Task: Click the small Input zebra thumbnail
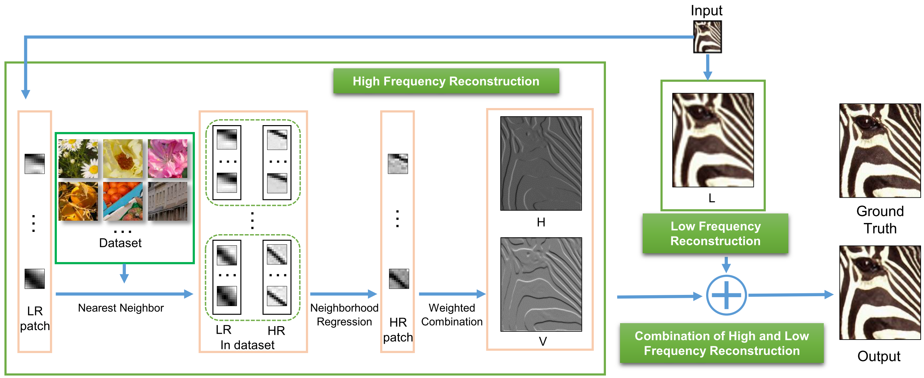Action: [707, 37]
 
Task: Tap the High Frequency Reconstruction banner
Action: [446, 81]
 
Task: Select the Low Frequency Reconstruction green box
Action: [715, 233]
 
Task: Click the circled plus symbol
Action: [727, 295]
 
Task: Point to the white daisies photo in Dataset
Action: [78, 159]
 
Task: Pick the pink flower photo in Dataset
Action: [168, 159]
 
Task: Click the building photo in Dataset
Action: [168, 201]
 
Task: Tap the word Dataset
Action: [120, 243]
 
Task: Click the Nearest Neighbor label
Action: [121, 308]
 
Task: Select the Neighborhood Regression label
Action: [344, 315]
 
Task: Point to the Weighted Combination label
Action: [451, 315]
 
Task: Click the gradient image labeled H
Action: [541, 163]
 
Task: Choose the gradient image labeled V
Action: [541, 284]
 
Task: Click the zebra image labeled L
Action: [713, 140]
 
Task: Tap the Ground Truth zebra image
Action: [880, 151]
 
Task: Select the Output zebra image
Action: [880, 292]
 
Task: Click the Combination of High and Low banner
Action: [722, 343]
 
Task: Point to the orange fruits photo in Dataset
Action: [123, 201]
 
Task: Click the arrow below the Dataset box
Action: [124, 273]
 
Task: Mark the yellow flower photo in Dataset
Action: [123, 159]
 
